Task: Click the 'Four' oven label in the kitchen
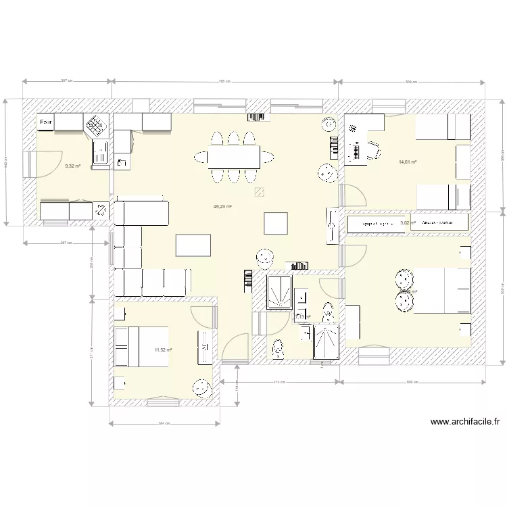[x=46, y=122]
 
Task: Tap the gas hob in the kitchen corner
[x=97, y=124]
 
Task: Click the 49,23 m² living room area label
[x=222, y=208]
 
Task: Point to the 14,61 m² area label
[x=408, y=162]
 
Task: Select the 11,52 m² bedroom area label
[x=163, y=349]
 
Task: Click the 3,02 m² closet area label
[x=408, y=222]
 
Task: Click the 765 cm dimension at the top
[x=224, y=80]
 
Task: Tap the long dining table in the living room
[x=234, y=158]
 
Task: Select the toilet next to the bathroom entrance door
[x=278, y=348]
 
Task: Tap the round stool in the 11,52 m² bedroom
[x=201, y=388]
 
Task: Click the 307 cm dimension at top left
[x=66, y=80]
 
